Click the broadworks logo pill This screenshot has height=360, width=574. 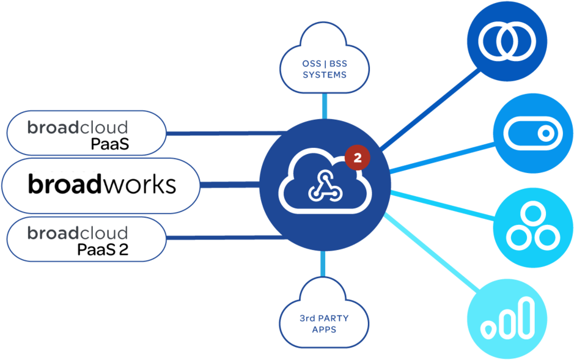click(x=101, y=185)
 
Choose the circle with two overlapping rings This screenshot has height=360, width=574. click(x=507, y=41)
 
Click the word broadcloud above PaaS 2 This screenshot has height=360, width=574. click(x=78, y=233)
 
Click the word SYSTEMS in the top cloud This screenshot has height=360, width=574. click(x=325, y=75)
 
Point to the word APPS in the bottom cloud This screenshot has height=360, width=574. click(x=324, y=329)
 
